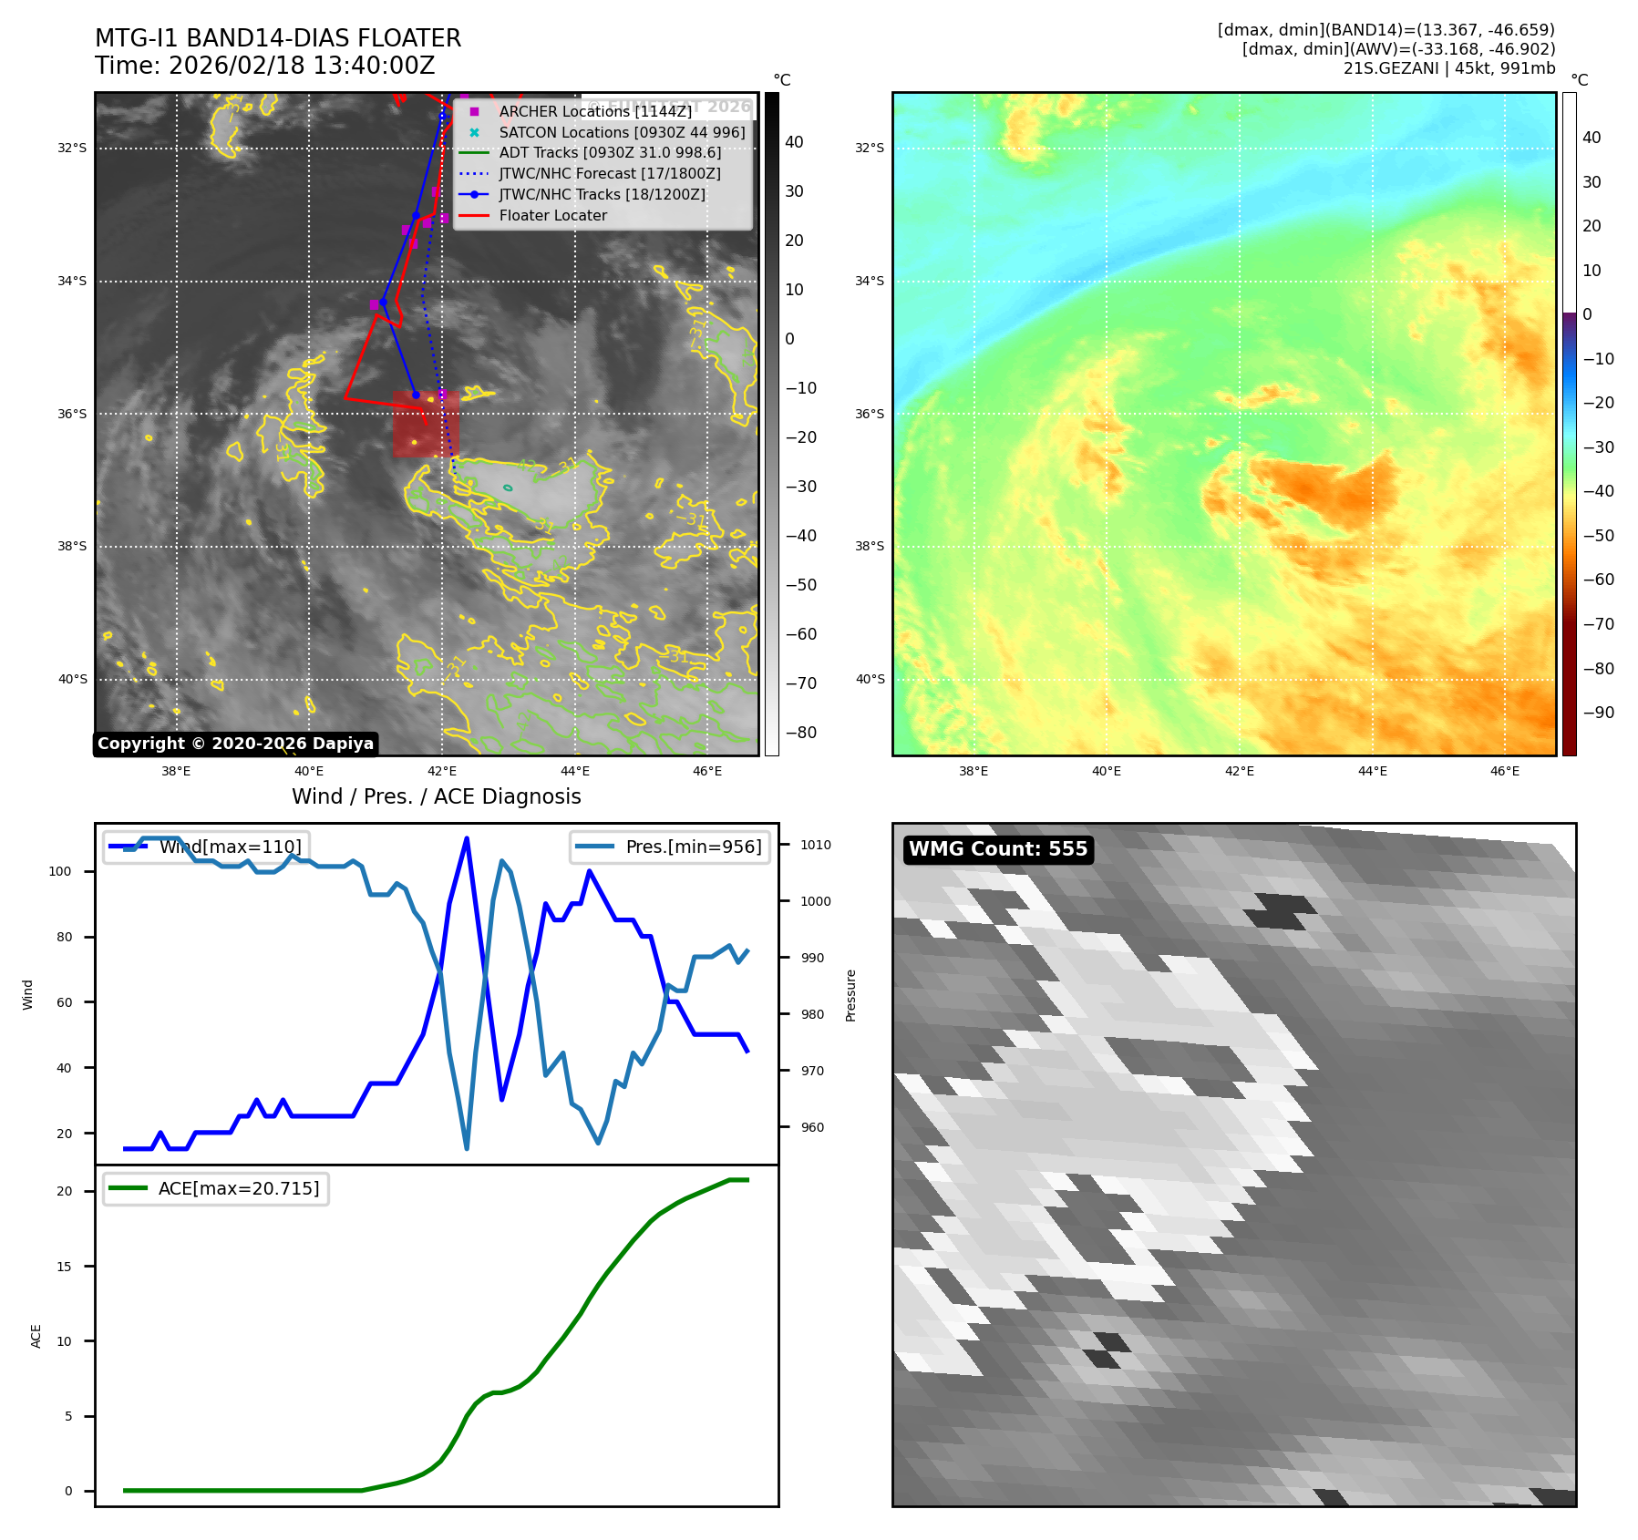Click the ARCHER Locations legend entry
(595, 111)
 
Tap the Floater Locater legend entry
(552, 215)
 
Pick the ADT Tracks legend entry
(610, 152)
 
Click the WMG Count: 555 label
(998, 849)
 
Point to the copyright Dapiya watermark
(235, 744)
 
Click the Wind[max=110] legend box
(207, 847)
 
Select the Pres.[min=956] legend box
(670, 847)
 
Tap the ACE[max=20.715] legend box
(216, 1188)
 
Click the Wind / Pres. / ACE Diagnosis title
(436, 796)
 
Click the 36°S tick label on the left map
(72, 414)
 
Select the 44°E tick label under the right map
(1372, 771)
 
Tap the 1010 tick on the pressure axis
(816, 845)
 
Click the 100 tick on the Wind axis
(60, 871)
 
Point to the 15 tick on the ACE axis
(64, 1267)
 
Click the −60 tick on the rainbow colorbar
(1598, 580)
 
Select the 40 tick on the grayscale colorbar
(794, 142)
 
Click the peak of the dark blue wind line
(467, 838)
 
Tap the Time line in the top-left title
(264, 66)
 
